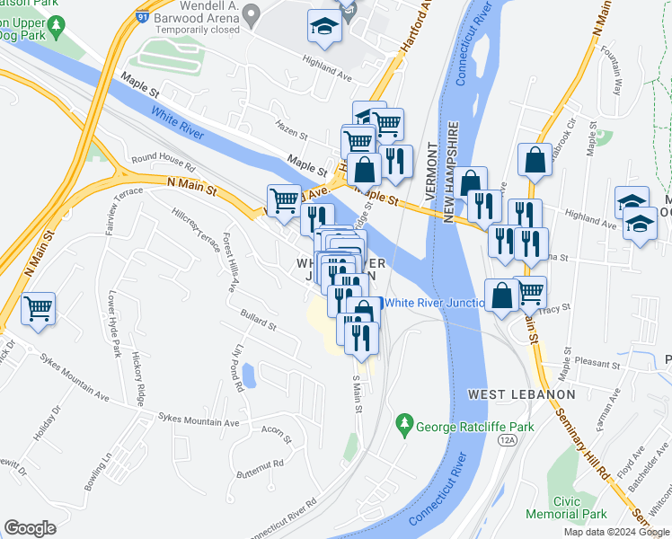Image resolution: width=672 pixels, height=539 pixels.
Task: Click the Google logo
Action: point(30,528)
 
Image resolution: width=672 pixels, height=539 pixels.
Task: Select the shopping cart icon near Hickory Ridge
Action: point(39,309)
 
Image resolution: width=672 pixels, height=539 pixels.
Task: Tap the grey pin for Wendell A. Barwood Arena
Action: point(252,13)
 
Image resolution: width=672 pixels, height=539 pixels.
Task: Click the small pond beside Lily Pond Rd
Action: point(248,375)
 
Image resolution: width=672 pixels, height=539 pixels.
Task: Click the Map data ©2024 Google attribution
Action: point(615,531)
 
